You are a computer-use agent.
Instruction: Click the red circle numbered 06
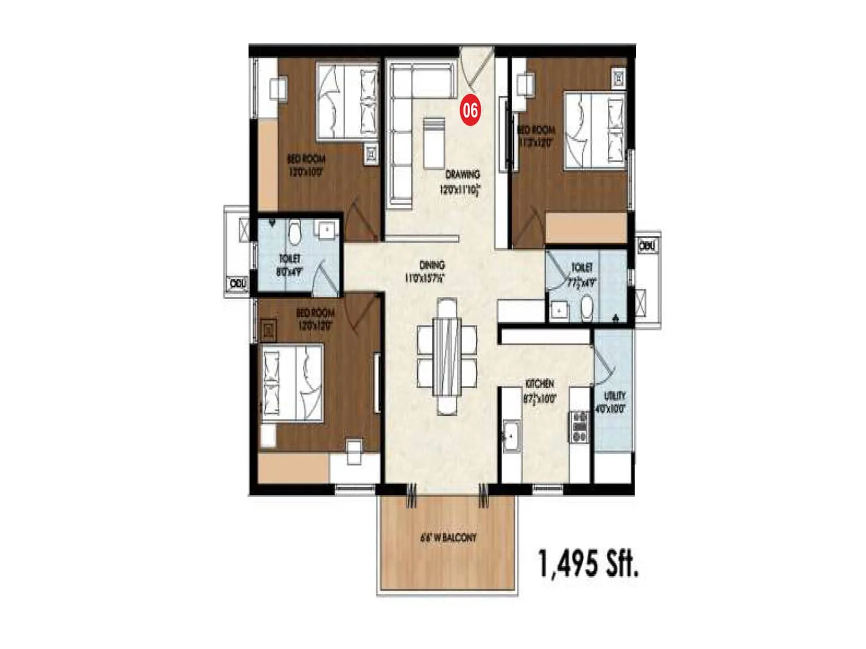470,110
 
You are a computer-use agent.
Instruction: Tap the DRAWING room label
462,174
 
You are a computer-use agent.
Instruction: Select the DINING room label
432,265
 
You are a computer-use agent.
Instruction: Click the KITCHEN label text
539,383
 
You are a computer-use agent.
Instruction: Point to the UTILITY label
614,395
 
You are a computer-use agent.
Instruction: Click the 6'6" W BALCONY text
448,538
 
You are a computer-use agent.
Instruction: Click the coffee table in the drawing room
434,143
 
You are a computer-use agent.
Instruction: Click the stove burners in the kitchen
580,427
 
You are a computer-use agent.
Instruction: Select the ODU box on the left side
237,283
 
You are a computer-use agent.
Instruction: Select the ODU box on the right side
647,246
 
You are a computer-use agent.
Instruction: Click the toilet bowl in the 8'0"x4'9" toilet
294,232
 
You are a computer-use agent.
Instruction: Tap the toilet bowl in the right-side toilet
586,309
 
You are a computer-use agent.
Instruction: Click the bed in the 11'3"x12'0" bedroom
594,130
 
